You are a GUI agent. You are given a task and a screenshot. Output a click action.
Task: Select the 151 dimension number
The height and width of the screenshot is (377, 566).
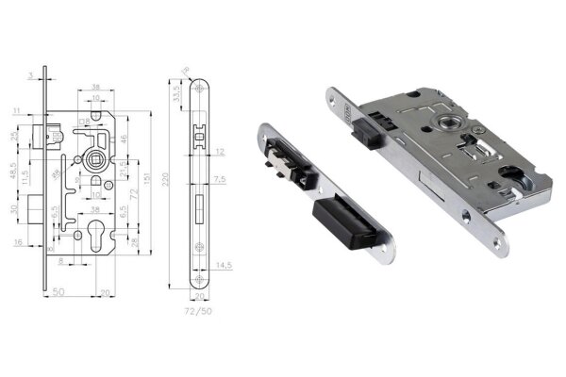pyautogui.click(x=148, y=179)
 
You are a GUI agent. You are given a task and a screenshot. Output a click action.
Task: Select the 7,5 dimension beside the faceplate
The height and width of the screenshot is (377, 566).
pyautogui.click(x=219, y=179)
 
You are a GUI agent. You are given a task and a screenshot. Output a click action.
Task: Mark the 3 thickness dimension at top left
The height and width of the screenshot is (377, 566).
pyautogui.click(x=31, y=73)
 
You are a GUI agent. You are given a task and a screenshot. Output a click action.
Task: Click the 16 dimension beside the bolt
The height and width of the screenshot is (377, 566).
pyautogui.click(x=19, y=242)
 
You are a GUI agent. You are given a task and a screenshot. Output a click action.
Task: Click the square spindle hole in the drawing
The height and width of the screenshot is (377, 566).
pyautogui.click(x=94, y=159)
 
